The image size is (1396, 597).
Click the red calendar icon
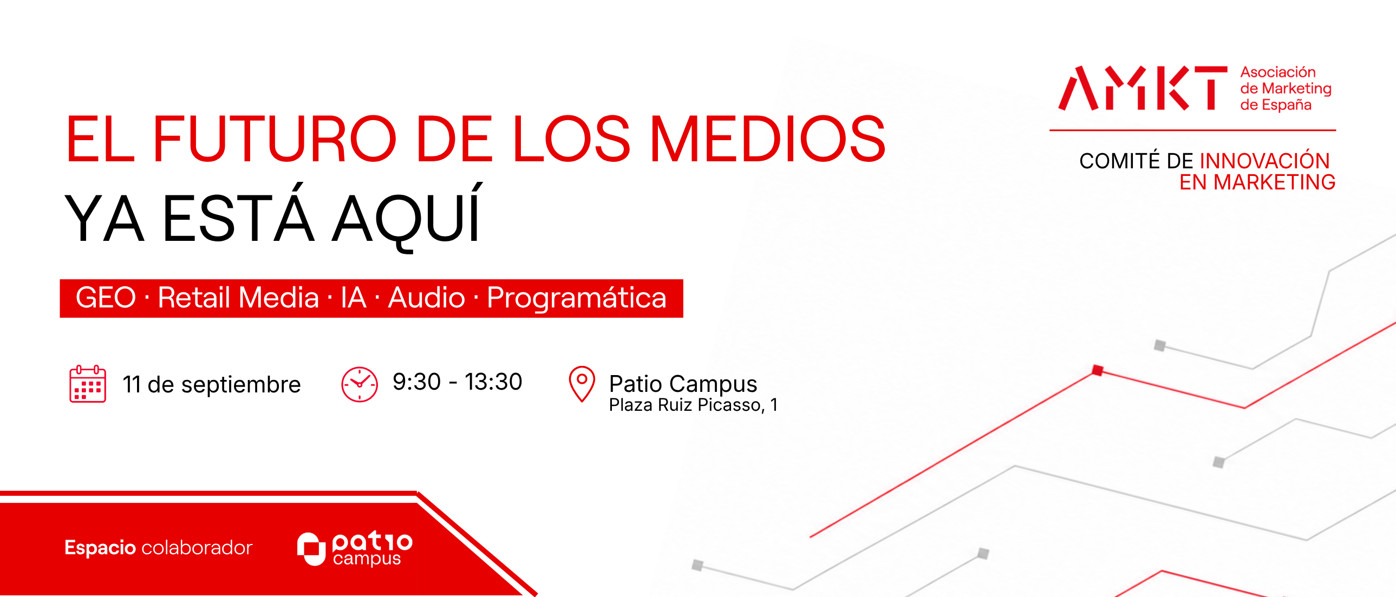pyautogui.click(x=88, y=384)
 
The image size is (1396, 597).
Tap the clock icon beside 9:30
pyautogui.click(x=360, y=385)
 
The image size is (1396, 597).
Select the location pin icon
pyautogui.click(x=582, y=384)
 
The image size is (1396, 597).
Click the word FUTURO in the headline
pyautogui.click(x=275, y=139)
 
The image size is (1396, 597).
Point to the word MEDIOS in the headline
pyautogui.click(x=767, y=139)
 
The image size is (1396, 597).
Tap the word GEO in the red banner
pyautogui.click(x=106, y=297)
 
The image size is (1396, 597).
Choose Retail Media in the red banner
pyautogui.click(x=238, y=297)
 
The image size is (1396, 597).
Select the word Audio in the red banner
pyautogui.click(x=427, y=297)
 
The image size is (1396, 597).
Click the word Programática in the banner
pyautogui.click(x=577, y=298)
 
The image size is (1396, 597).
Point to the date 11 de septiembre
pyautogui.click(x=211, y=385)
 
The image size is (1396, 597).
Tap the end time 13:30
pyautogui.click(x=493, y=382)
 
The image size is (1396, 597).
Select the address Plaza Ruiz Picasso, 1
pyautogui.click(x=693, y=405)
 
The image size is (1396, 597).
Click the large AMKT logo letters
pyautogui.click(x=1143, y=88)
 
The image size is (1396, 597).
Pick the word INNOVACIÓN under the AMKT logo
pyautogui.click(x=1265, y=161)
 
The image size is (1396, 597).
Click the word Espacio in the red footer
pyautogui.click(x=100, y=548)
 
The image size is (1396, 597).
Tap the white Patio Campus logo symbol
pyautogui.click(x=311, y=549)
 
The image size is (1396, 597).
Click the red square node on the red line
pyautogui.click(x=1098, y=371)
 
